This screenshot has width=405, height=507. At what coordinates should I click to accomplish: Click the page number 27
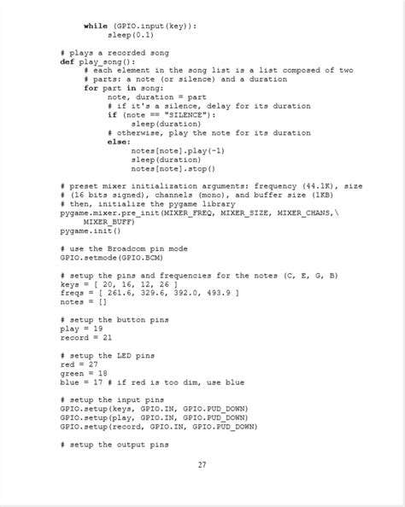202,464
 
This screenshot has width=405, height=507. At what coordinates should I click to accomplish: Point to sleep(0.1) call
131,35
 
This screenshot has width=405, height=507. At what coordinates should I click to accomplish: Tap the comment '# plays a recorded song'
115,53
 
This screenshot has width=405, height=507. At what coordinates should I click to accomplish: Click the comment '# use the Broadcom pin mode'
124,248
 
